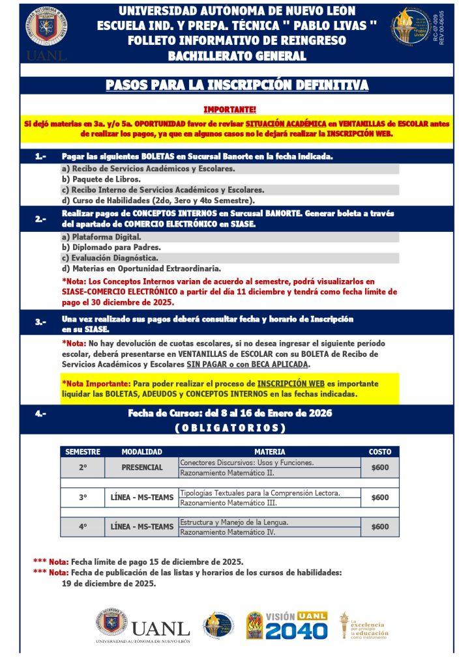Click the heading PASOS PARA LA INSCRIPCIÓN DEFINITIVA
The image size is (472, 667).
tap(237, 85)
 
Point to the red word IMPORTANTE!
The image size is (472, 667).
tap(230, 109)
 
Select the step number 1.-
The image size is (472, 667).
tap(40, 157)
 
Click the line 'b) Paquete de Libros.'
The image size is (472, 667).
tap(100, 179)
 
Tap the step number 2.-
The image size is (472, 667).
tap(40, 219)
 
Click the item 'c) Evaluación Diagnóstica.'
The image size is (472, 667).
tap(111, 258)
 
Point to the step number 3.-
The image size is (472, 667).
tap(40, 321)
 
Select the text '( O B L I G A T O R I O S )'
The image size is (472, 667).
tap(230, 428)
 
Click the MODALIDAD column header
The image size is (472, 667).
tap(141, 451)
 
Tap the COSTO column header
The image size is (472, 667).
tap(380, 451)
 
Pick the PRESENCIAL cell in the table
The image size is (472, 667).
tap(142, 468)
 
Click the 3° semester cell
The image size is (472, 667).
tap(83, 498)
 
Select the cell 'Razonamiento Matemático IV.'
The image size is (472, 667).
tap(228, 532)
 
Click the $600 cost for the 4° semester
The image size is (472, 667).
tap(380, 527)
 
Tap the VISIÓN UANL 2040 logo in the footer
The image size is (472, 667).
tap(286, 626)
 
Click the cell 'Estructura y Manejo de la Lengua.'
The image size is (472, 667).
tap(234, 522)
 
